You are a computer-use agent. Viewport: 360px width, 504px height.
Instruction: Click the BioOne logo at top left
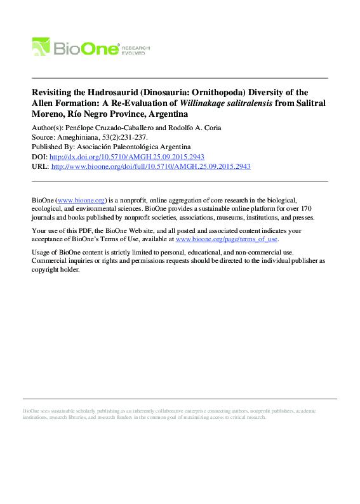tap(76, 47)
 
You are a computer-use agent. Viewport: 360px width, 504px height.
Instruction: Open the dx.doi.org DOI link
tap(126, 157)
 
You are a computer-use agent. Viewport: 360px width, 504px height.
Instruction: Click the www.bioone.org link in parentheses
tap(81, 199)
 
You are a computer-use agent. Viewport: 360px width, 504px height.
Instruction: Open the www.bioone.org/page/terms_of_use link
tap(226, 239)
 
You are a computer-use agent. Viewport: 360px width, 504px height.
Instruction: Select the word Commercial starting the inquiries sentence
tap(53, 260)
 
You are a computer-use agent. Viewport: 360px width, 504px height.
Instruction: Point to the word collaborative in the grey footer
tap(172, 411)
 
